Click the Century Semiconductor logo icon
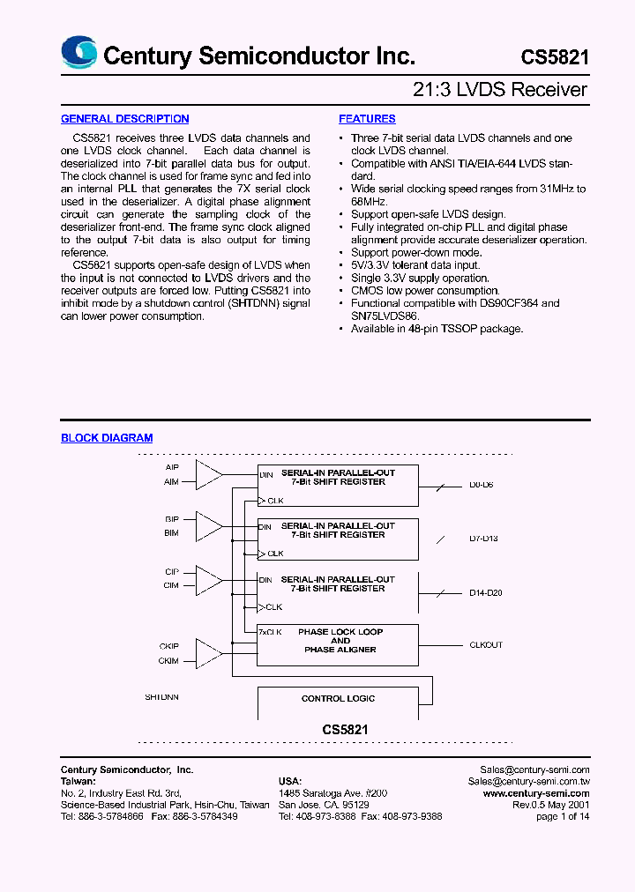[78, 53]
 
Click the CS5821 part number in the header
[554, 57]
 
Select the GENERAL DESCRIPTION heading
[124, 119]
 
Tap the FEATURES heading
[367, 119]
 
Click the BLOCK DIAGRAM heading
[107, 438]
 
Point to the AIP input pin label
[171, 467]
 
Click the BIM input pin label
[171, 533]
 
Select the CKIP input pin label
[168, 646]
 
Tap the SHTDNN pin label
[162, 697]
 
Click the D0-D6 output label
[482, 486]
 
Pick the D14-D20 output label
[485, 593]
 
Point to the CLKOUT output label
[486, 645]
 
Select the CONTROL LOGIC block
[338, 699]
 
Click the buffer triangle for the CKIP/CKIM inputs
[209, 653]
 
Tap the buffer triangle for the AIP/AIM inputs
[209, 474]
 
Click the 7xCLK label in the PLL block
[270, 632]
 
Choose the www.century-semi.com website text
[536, 793]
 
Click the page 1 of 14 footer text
[563, 816]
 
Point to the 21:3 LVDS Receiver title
[500, 90]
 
